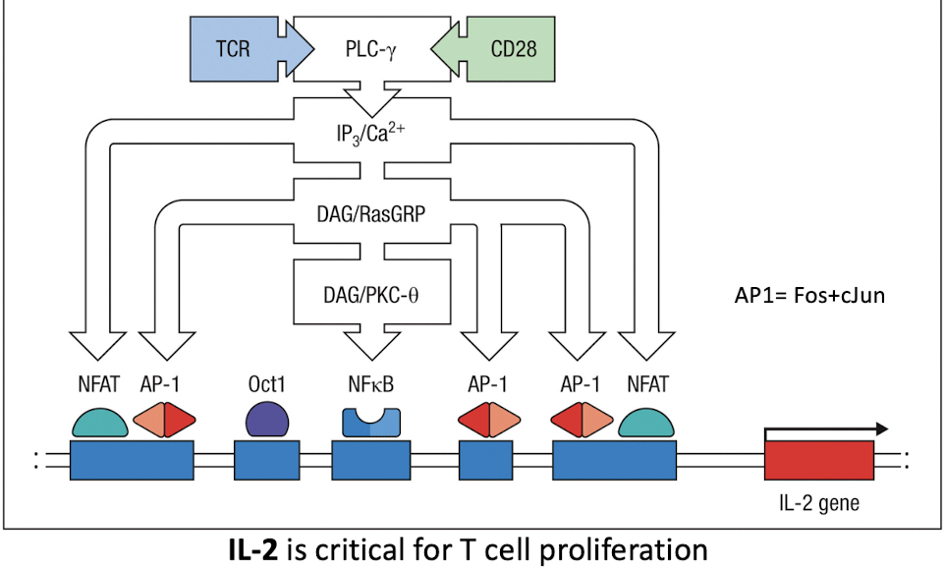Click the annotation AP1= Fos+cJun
pos(805,295)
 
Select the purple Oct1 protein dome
pos(265,419)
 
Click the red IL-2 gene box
pos(818,461)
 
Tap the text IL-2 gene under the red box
pos(818,505)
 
